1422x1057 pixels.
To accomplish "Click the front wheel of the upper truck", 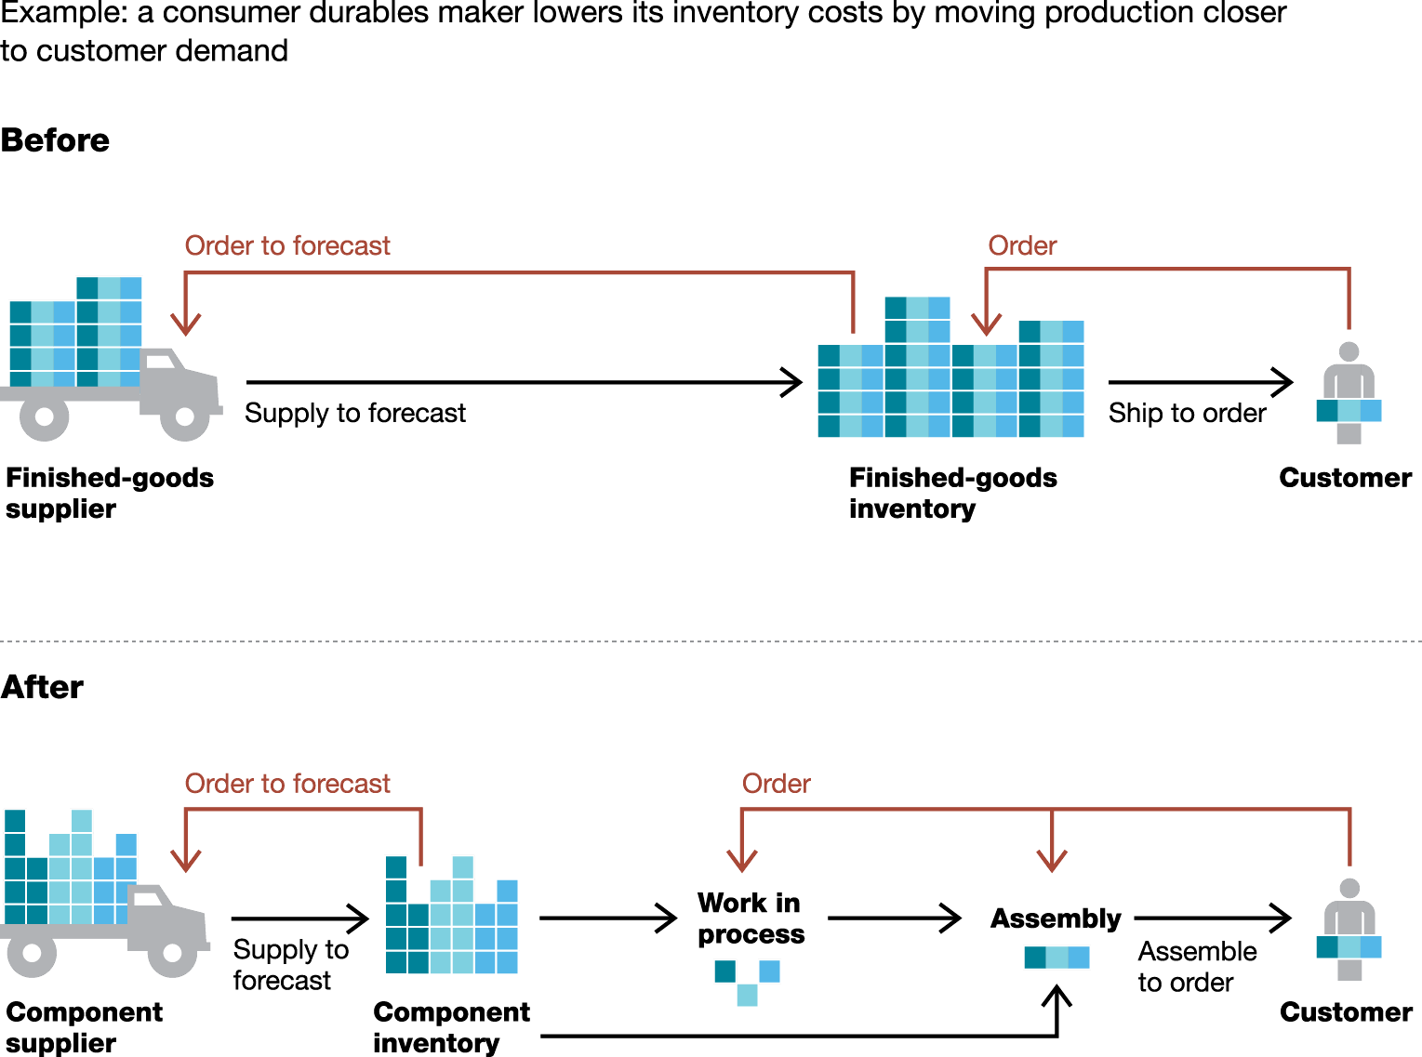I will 185,416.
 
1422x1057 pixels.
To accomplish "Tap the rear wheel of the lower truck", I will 32,953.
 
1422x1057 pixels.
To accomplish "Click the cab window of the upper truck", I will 159,362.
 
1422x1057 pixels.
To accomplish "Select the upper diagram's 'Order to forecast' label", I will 287,245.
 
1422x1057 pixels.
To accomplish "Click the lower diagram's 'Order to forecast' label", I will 287,784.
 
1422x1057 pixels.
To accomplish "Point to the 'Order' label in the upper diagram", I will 1022,245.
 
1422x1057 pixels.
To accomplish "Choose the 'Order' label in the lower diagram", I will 776,784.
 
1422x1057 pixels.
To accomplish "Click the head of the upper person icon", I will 1349,352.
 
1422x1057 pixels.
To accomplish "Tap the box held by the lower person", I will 1349,947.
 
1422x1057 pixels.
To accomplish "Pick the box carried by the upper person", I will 1349,410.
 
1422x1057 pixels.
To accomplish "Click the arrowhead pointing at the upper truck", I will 186,324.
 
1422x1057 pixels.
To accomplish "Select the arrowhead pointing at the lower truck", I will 186,861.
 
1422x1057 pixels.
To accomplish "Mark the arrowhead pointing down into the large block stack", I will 986,324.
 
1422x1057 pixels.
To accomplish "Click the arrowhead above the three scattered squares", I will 741,861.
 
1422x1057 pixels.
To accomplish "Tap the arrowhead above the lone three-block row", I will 1051,861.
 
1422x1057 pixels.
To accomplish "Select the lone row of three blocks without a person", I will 1057,957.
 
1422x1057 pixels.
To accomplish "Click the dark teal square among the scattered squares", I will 724,971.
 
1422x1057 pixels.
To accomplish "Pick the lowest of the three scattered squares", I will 747,996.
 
